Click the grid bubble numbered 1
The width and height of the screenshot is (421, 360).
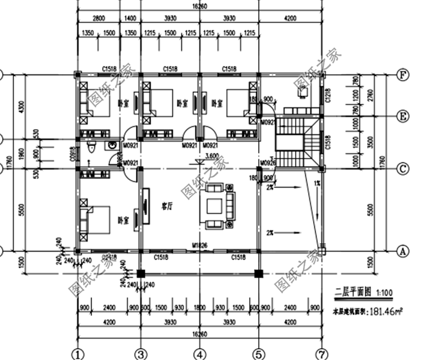click(78, 354)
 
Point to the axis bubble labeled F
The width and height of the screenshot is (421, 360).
click(401, 74)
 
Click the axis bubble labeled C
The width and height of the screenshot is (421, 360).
click(401, 167)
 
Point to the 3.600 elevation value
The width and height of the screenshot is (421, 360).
click(212, 156)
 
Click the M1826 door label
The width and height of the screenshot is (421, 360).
click(199, 245)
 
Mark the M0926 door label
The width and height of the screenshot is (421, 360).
click(267, 163)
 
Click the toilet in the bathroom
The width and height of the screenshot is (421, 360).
click(92, 149)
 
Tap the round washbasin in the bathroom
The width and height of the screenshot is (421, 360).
click(113, 144)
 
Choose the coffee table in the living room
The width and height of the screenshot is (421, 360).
click(215, 207)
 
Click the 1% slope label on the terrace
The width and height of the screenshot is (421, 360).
click(317, 183)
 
